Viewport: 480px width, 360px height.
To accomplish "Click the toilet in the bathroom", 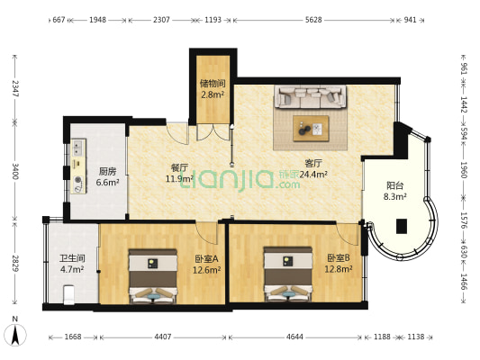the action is tap(68, 294).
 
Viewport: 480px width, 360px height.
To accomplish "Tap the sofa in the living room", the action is tap(311, 96).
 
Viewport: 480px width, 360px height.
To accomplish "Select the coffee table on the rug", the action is tap(311, 129).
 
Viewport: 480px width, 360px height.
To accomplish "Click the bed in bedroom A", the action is tap(153, 276).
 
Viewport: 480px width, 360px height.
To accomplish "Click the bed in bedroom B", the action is tap(288, 274).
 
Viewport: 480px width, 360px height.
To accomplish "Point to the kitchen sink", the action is tap(78, 148).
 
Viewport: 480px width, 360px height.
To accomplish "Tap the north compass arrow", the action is tap(15, 335).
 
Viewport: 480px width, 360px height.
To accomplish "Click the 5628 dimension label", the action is tap(313, 20).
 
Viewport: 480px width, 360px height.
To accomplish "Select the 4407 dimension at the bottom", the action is tap(163, 337).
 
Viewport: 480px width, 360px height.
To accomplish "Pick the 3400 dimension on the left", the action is tap(15, 171).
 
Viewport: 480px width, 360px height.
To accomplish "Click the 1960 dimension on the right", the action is tap(464, 170).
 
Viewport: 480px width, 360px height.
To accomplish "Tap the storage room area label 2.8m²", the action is tap(213, 94).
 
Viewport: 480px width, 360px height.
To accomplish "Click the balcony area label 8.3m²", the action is tap(395, 196).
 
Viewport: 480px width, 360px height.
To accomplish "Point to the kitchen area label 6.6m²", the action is tap(107, 183).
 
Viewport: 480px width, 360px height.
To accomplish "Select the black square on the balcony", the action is tap(402, 227).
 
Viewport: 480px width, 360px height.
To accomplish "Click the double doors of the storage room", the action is tap(213, 132).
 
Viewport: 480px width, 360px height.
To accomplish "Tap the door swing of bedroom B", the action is tap(348, 234).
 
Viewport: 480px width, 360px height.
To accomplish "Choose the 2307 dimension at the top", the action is tap(161, 20).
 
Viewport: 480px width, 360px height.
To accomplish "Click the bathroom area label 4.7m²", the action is tap(72, 269).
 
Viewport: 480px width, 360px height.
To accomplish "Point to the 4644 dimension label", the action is tap(294, 337).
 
